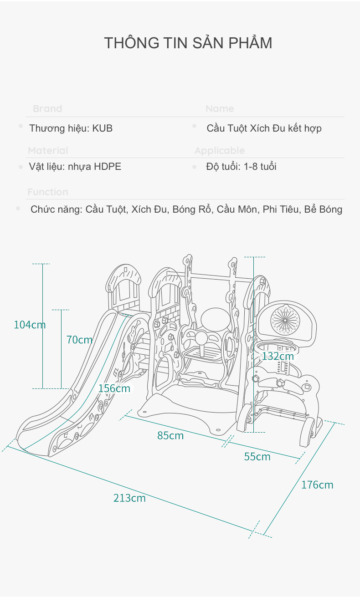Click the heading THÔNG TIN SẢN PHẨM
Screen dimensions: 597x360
point(188,43)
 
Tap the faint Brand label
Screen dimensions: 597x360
point(47,109)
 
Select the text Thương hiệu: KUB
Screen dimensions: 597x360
point(71,128)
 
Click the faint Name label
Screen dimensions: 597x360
point(220,109)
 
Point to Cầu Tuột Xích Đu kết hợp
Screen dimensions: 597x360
point(264,128)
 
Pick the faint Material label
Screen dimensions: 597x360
point(48,151)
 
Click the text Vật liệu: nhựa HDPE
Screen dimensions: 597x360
point(75,167)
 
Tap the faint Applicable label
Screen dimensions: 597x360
point(220,151)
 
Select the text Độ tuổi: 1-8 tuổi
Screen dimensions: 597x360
point(241,167)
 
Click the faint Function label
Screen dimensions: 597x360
point(48,192)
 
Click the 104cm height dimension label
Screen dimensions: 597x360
point(30,325)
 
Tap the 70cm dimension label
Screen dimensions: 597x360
point(79,340)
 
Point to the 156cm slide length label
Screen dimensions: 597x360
point(114,388)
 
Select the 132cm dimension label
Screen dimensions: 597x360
point(278,356)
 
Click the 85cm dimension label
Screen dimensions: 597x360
point(170,436)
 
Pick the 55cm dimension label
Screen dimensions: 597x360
point(257,457)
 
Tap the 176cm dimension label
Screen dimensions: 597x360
point(317,485)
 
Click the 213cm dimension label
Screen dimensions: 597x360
point(129,498)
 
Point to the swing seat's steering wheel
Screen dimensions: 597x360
point(201,338)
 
